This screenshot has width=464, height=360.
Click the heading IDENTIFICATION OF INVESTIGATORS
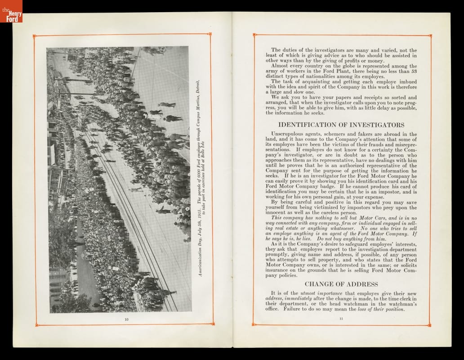click(x=341, y=125)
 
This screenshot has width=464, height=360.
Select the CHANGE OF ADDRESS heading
click(x=341, y=284)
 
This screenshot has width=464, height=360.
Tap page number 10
click(x=126, y=319)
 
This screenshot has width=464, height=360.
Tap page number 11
click(x=341, y=319)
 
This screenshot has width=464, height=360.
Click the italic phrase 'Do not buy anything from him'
click(x=352, y=239)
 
